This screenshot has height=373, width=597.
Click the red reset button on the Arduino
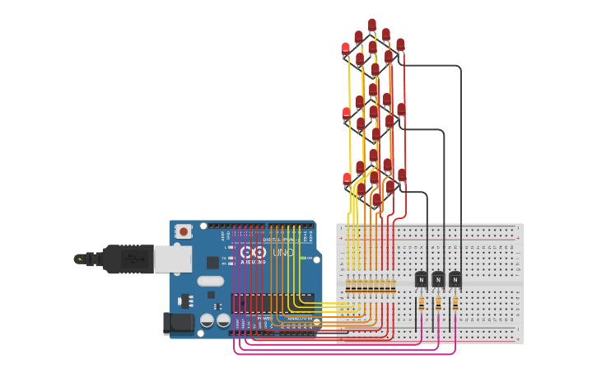pos(183,231)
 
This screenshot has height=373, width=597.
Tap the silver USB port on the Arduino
pos(172,259)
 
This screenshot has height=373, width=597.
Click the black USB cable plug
pos(124,258)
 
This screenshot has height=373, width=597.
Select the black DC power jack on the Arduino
pos(177,322)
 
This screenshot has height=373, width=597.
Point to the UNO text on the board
pos(282,252)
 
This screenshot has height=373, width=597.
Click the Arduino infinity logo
pos(252,252)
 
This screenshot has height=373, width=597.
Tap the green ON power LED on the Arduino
pos(303,259)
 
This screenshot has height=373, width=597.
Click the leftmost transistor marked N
pos(421,279)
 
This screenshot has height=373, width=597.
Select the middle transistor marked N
pos(438,279)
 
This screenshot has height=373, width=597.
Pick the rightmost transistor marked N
pos(455,279)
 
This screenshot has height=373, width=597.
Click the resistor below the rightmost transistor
pos(455,304)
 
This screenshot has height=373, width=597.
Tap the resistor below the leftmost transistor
pos(421,304)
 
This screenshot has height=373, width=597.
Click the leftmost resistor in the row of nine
pos(348,286)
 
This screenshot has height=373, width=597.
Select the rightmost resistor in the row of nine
pos(393,286)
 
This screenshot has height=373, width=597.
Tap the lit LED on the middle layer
pos(347,113)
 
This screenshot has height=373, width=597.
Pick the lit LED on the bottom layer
pos(347,178)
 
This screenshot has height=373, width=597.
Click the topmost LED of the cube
pos(372,25)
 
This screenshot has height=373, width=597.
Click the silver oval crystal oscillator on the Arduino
pos(211,281)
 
